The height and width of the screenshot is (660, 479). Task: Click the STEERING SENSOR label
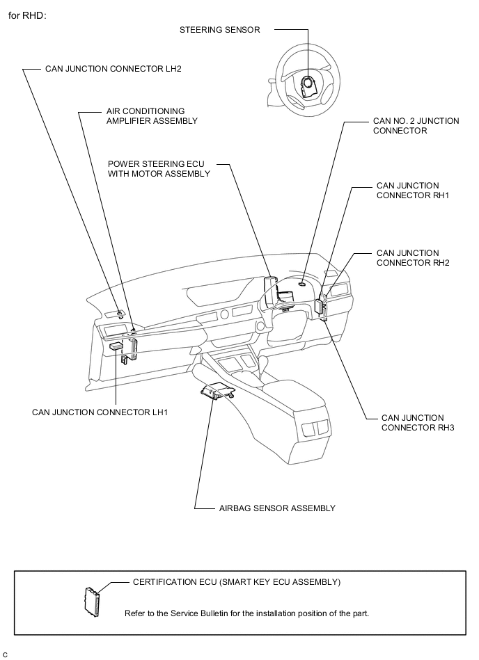pyautogui.click(x=219, y=30)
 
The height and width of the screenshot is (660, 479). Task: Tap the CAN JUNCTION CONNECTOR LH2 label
pyautogui.click(x=113, y=69)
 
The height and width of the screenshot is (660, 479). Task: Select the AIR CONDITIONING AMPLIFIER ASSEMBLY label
pyautogui.click(x=152, y=116)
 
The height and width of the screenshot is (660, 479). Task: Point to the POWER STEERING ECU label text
pyautogui.click(x=156, y=164)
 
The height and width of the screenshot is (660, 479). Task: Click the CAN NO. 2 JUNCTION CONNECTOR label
pyautogui.click(x=416, y=126)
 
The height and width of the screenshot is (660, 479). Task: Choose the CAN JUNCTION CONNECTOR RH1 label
pyautogui.click(x=413, y=191)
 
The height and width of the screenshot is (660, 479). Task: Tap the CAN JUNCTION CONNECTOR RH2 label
pyautogui.click(x=413, y=257)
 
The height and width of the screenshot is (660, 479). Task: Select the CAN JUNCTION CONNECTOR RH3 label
pyautogui.click(x=418, y=423)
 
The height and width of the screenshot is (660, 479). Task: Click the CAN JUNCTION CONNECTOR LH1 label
pyautogui.click(x=100, y=412)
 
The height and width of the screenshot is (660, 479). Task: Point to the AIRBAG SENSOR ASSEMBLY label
pyautogui.click(x=277, y=508)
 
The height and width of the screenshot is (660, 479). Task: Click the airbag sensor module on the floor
pyautogui.click(x=217, y=391)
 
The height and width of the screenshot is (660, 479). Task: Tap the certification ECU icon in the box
pyautogui.click(x=92, y=602)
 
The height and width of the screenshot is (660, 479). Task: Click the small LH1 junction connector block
pyautogui.click(x=116, y=346)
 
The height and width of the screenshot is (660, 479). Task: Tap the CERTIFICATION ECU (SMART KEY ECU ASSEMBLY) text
pyautogui.click(x=237, y=582)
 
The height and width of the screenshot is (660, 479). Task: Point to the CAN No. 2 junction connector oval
pyautogui.click(x=302, y=284)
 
